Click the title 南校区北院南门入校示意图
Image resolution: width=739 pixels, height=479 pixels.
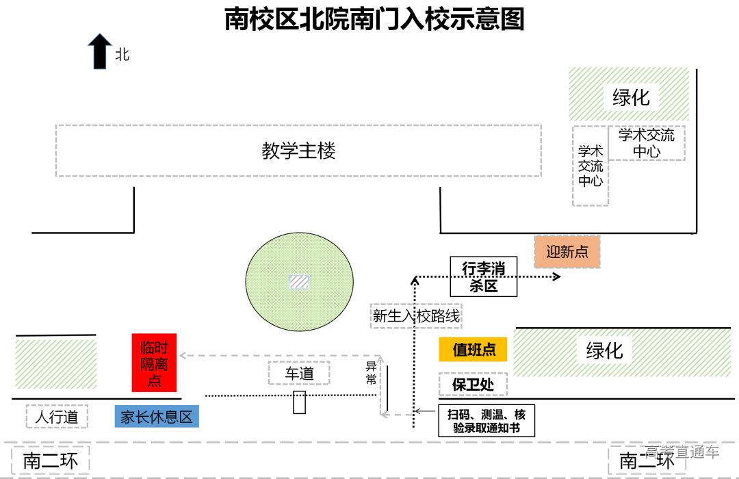[x=374, y=20]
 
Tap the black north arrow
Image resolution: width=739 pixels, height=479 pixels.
[x=100, y=52]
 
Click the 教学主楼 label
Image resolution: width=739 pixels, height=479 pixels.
[x=298, y=151]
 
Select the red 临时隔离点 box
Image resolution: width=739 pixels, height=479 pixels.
[x=154, y=363]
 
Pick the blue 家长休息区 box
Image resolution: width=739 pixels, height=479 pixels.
[x=157, y=417]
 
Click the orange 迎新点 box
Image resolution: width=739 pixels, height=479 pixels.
[x=567, y=252]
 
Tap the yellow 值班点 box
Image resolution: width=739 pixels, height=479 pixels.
[x=474, y=350]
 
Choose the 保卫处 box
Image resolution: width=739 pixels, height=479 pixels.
[x=473, y=385]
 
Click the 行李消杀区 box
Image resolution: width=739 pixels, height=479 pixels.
[x=484, y=277]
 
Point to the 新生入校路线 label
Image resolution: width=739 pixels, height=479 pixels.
[x=416, y=316]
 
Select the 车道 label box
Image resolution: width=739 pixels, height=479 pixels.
[x=299, y=374]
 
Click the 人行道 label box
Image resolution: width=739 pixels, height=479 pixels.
[x=57, y=417]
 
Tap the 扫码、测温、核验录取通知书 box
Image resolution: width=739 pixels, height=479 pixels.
[x=486, y=421]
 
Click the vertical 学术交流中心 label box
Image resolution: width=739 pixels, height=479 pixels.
[x=591, y=166]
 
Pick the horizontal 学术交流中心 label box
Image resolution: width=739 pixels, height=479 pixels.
[x=646, y=143]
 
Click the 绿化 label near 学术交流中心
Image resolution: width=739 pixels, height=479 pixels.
[x=631, y=97]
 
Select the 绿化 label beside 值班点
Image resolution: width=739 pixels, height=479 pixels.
[x=604, y=351]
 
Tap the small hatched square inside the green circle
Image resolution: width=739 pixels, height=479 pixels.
[x=299, y=281]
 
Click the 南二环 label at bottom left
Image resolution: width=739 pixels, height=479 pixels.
[x=50, y=461]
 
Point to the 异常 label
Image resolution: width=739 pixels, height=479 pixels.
[x=372, y=373]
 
